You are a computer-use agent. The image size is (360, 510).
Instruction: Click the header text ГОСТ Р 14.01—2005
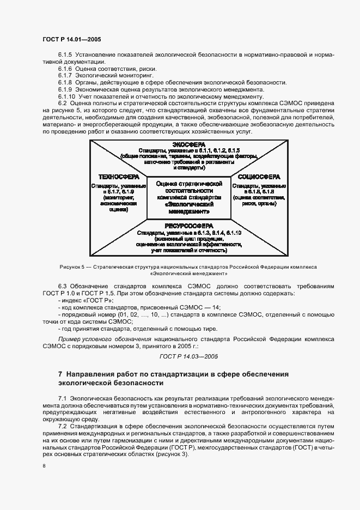(x=71, y=40)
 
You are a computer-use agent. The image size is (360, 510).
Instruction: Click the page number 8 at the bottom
(x=44, y=466)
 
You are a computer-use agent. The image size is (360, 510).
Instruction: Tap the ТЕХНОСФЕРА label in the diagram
(x=118, y=177)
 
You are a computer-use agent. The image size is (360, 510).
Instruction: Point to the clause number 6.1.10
(x=66, y=96)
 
